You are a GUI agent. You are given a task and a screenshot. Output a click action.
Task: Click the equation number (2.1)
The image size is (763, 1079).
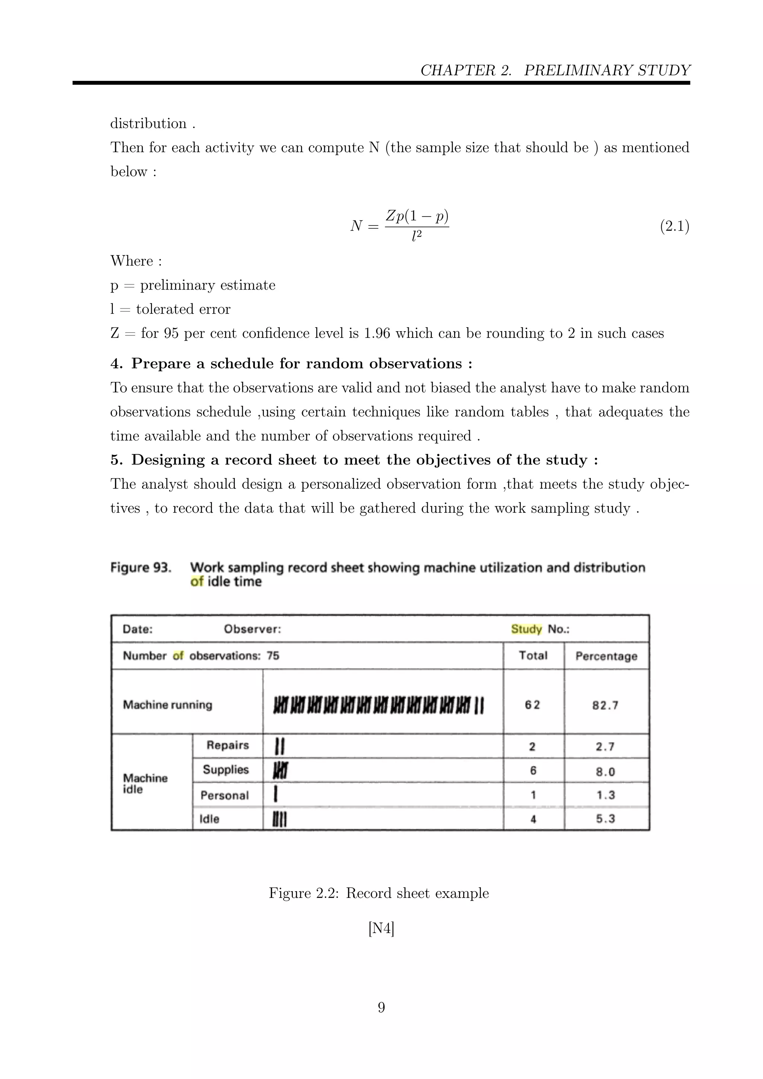(674, 227)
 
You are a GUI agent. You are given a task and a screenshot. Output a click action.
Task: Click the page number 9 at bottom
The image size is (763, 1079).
(381, 1007)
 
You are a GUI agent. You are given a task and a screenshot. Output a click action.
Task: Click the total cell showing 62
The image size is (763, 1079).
(532, 705)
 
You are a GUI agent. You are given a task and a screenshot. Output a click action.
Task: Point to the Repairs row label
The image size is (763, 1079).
(227, 745)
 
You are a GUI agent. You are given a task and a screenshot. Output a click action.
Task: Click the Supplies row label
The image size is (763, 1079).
(225, 770)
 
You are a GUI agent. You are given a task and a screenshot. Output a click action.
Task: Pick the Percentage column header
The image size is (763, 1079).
(606, 656)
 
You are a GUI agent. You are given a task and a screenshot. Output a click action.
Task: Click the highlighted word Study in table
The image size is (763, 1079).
(526, 629)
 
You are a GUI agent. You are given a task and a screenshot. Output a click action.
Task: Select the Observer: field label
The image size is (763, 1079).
(252, 629)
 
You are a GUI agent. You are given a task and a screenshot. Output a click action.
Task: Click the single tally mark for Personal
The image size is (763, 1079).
(276, 795)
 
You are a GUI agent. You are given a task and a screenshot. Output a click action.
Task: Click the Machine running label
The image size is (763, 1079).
(167, 705)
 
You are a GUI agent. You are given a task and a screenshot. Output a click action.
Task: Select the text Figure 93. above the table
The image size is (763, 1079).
(140, 568)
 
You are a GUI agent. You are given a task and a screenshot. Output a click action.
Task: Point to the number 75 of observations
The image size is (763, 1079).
(273, 656)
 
